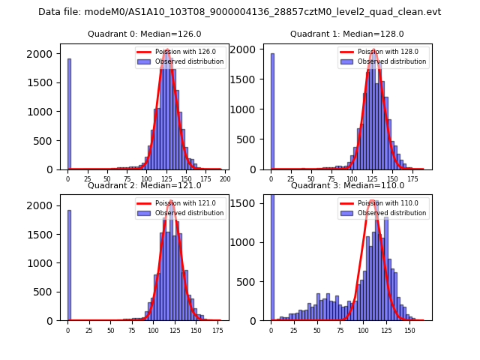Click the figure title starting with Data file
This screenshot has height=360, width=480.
pos(240,12)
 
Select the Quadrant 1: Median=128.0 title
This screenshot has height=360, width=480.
pos(347,34)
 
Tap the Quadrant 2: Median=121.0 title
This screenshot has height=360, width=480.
pos(145,185)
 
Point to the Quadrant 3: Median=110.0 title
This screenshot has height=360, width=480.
pos(347,185)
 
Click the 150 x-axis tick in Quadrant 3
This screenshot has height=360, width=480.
pos(409,330)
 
